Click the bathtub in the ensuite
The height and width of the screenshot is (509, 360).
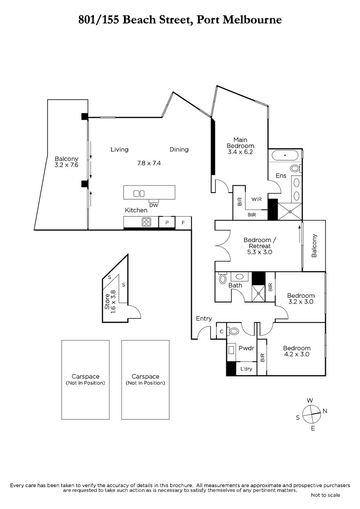[285, 156]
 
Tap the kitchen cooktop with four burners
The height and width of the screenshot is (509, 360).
[146, 222]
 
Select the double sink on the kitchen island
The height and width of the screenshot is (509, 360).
[139, 193]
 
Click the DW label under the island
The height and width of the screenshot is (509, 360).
[154, 205]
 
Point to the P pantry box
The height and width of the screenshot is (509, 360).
[167, 222]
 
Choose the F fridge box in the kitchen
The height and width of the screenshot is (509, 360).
[183, 222]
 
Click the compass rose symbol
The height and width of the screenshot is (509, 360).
[311, 414]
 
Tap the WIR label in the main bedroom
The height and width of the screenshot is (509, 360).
[256, 199]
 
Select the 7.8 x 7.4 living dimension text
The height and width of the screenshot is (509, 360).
[149, 163]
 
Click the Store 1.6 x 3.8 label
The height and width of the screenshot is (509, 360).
[110, 302]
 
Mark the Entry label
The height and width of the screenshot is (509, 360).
[204, 319]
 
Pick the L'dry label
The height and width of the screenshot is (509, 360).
[246, 369]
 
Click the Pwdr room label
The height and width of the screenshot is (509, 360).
[246, 348]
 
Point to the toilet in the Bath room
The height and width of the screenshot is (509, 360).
[222, 278]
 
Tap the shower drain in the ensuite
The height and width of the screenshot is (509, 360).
[290, 212]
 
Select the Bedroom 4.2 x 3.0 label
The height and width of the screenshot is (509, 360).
[297, 351]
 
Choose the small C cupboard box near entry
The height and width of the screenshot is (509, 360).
[222, 332]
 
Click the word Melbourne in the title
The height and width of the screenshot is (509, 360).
[252, 20]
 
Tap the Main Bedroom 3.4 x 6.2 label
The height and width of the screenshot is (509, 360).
[240, 145]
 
